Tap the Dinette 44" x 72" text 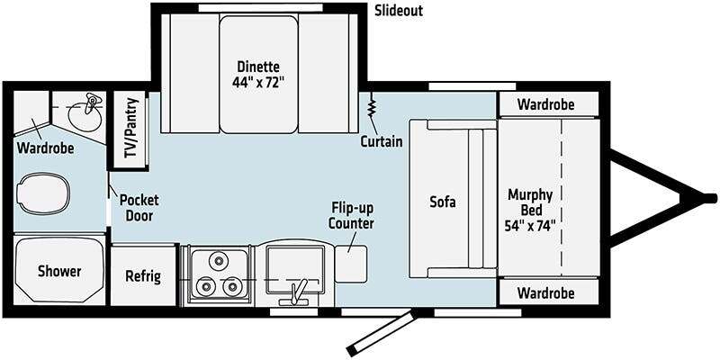258,75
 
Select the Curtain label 381,142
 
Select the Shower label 59,271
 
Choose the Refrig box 143,275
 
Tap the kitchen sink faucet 298,291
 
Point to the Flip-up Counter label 351,215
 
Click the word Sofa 442,202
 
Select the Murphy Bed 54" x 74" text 531,208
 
